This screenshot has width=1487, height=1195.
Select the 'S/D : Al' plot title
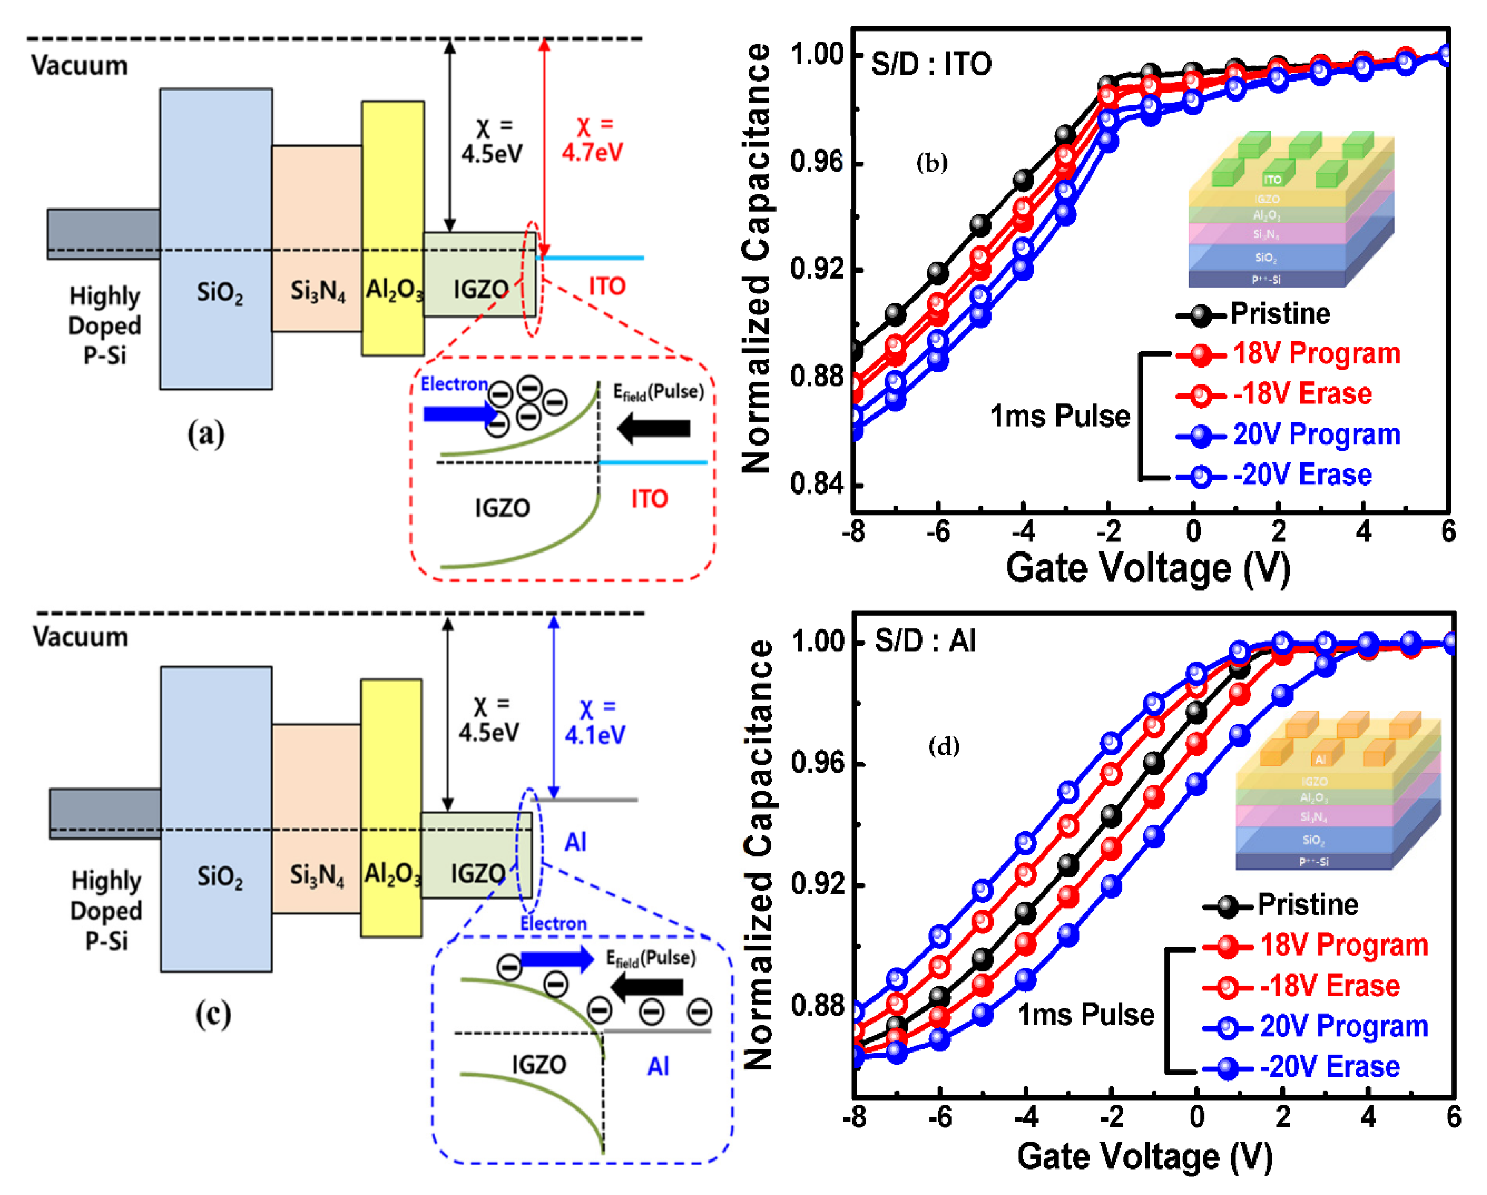pyautogui.click(x=925, y=641)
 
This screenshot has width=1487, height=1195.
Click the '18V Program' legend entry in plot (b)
pyautogui.click(x=1316, y=354)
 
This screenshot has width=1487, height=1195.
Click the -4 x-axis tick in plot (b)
pyautogui.click(x=1023, y=532)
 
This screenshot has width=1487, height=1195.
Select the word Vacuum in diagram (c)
pyautogui.click(x=81, y=637)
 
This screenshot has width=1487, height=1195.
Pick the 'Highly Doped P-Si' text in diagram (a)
pyautogui.click(x=105, y=326)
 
